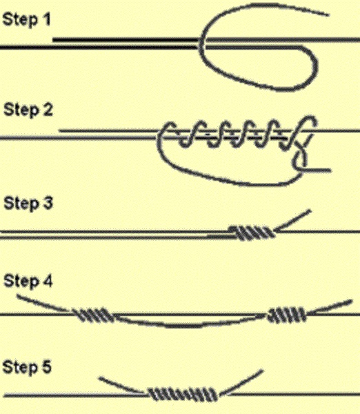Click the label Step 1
tap(26, 19)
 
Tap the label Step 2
tap(28, 110)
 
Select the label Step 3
tap(28, 203)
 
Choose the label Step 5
tap(27, 367)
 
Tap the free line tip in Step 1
tap(328, 15)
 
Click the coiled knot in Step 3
tap(252, 233)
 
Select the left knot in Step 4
tap(94, 315)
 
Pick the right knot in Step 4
tap(287, 315)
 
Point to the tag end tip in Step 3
tap(310, 210)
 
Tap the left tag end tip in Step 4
tap(18, 296)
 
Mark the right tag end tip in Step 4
tap(352, 300)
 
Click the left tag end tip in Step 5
tap(100, 379)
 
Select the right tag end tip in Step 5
tap(262, 371)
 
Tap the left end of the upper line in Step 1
tap(54, 40)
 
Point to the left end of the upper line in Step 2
tap(59, 130)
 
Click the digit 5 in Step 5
tap(46, 367)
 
